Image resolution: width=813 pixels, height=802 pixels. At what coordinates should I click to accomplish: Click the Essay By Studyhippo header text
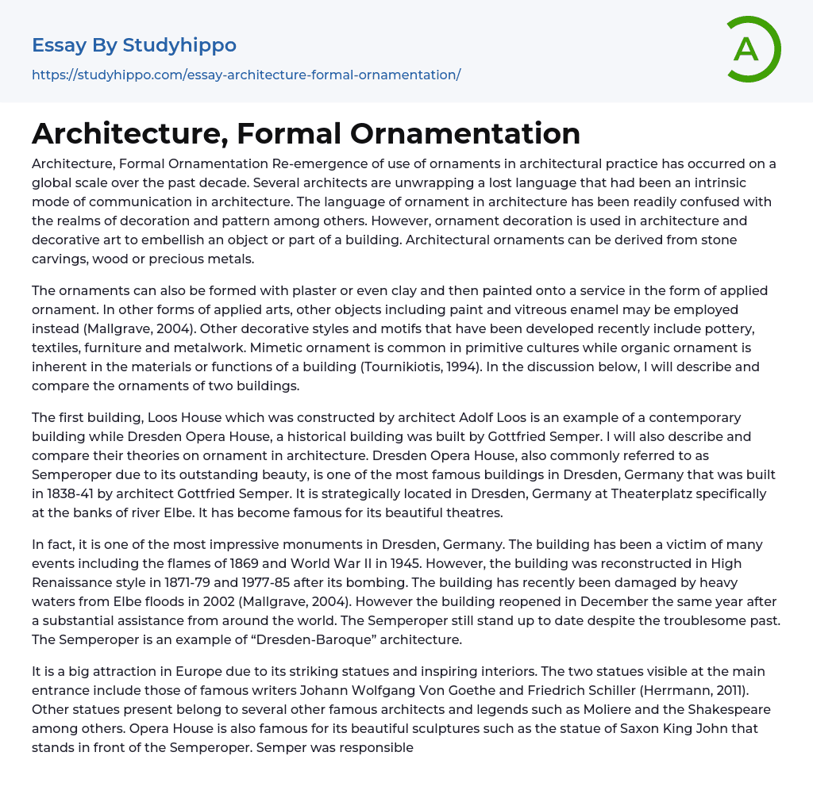(134, 45)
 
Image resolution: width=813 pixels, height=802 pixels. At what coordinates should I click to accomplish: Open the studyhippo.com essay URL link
(246, 75)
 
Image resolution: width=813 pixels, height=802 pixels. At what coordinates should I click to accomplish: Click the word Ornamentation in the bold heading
(465, 133)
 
